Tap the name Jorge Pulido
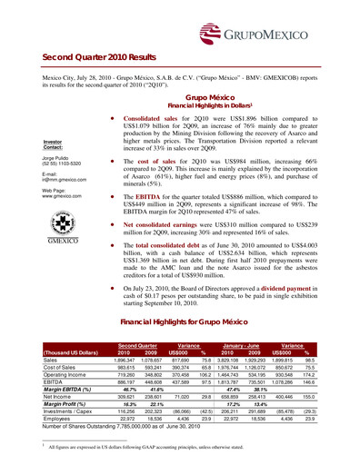(31, 158)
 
